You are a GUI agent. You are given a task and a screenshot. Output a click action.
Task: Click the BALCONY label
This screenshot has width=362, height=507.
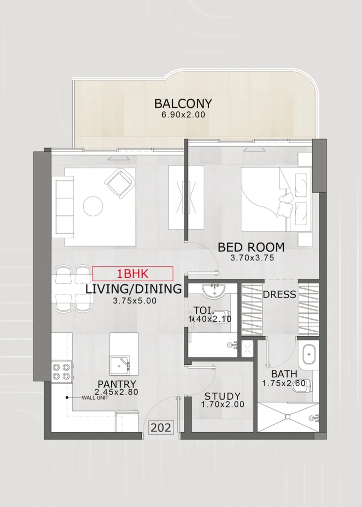pos(183,103)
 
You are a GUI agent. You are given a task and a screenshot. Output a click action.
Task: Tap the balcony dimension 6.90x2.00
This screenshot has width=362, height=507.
pos(183,115)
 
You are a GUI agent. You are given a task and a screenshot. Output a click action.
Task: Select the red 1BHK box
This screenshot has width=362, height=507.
pos(133,273)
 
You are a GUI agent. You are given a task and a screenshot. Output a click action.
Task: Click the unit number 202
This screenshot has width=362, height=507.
pos(161,427)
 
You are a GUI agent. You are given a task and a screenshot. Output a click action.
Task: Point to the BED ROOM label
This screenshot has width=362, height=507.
pos(251,247)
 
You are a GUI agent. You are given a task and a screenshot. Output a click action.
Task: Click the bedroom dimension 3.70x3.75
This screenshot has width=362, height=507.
pos(252,257)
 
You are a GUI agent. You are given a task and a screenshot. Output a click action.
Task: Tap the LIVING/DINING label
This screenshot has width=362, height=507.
pos(134,289)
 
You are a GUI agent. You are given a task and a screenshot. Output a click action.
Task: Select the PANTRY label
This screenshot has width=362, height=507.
pos(117,384)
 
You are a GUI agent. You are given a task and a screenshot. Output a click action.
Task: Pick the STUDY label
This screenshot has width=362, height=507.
pos(223,396)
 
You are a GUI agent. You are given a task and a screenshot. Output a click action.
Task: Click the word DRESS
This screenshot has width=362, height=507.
pos(279,295)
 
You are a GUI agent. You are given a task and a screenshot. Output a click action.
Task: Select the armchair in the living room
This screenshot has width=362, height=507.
pos(121,183)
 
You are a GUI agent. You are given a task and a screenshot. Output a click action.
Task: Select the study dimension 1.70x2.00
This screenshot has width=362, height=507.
pos(223,405)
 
